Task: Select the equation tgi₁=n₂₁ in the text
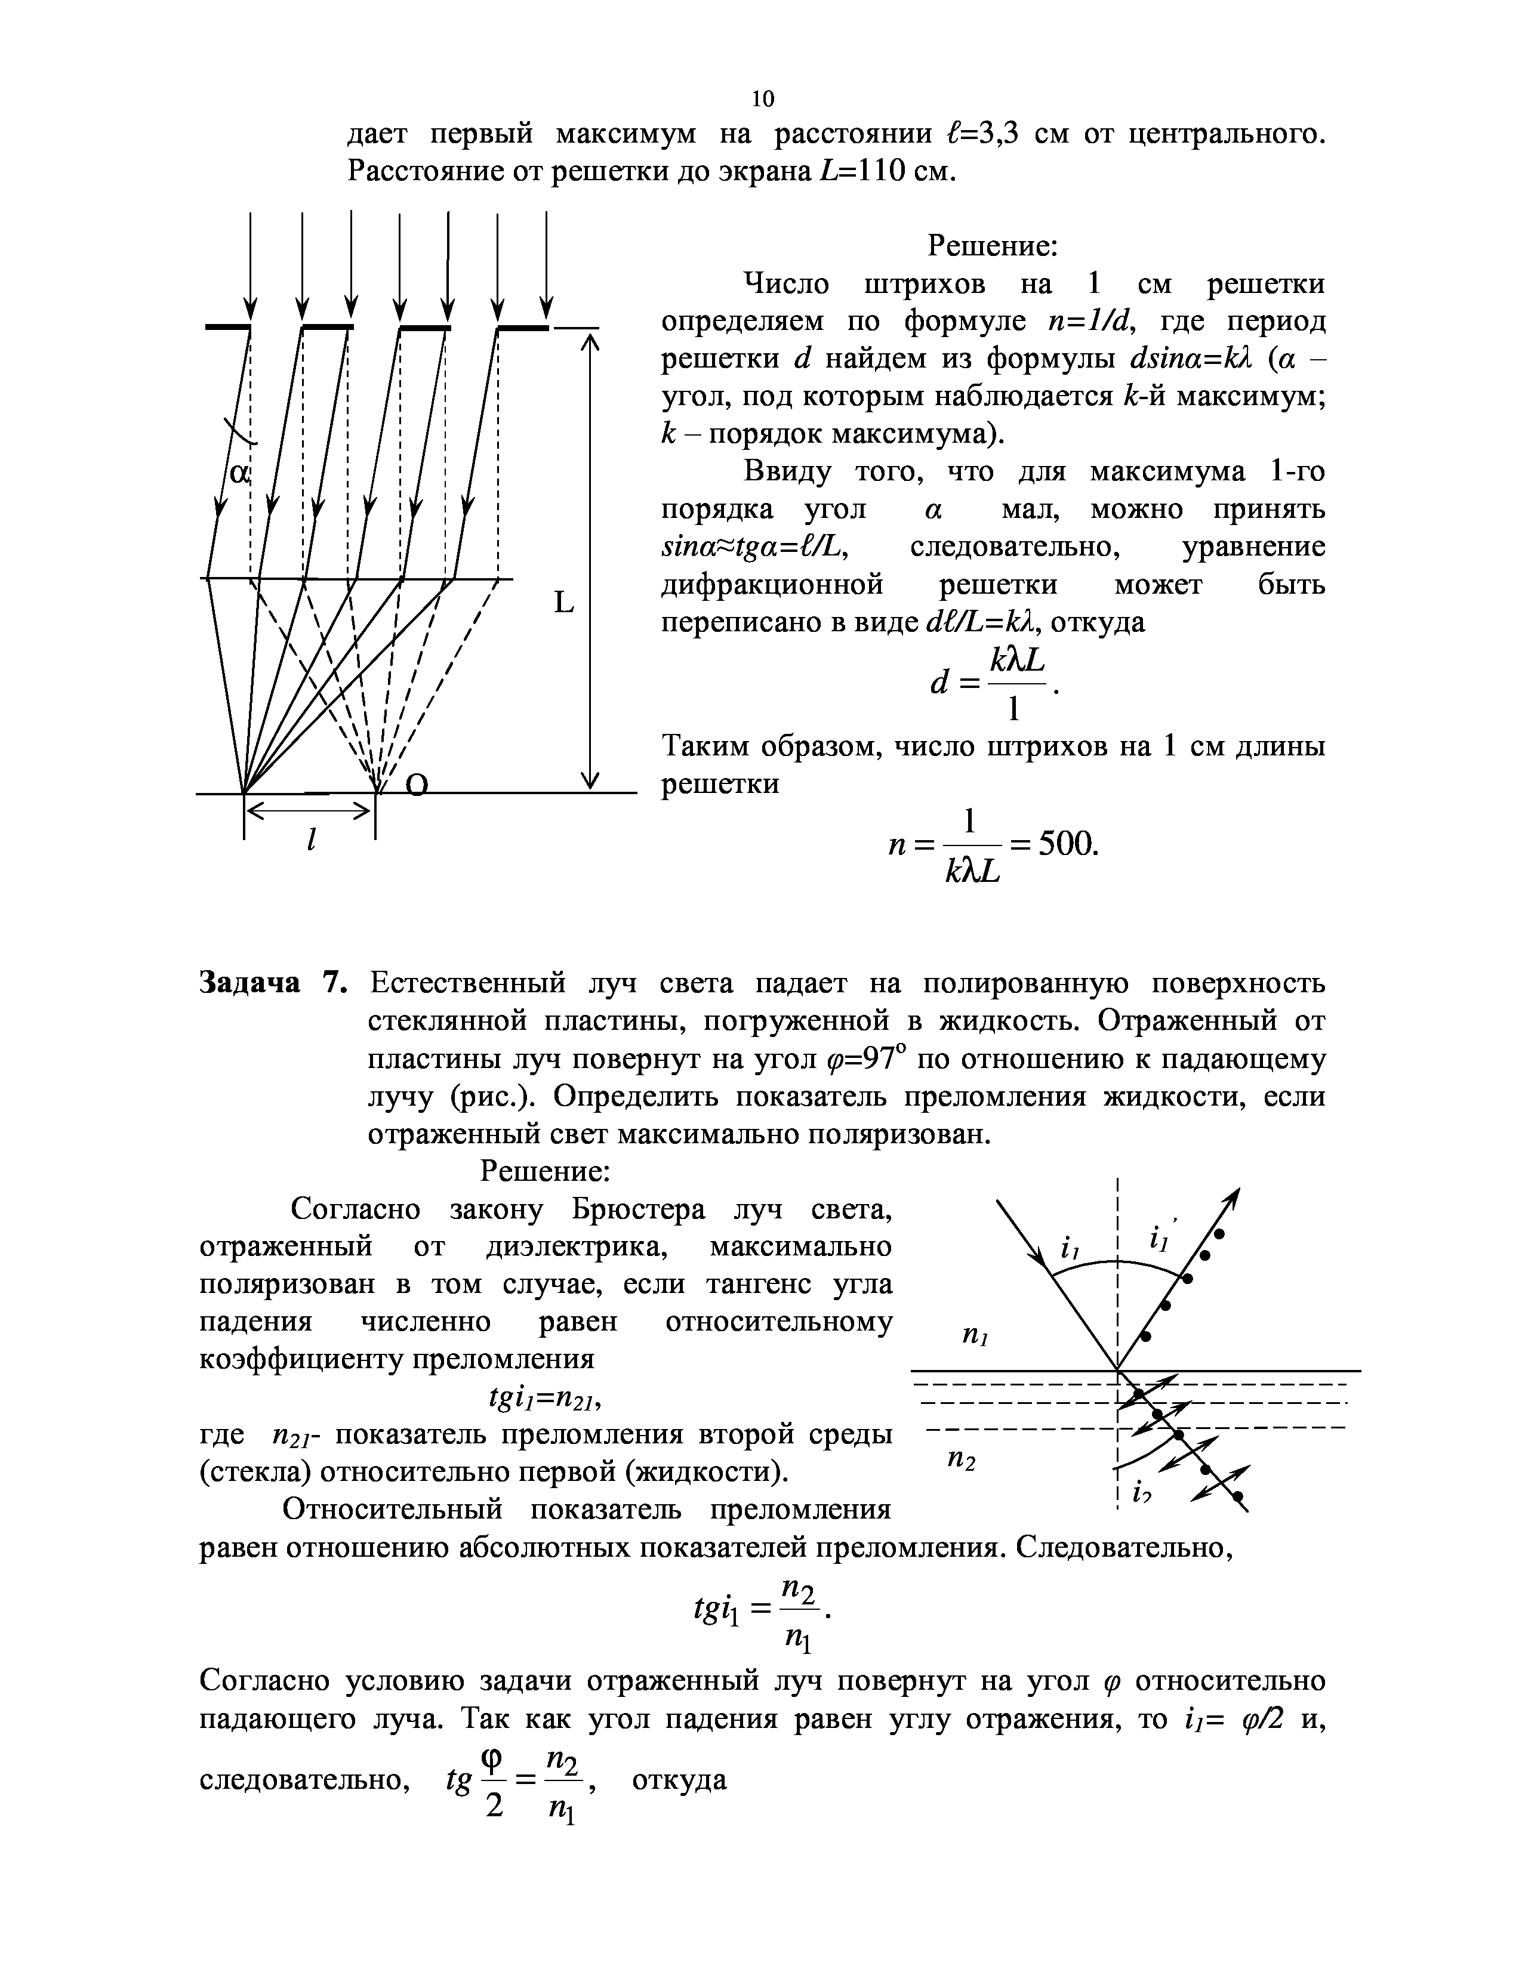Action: tap(544, 1399)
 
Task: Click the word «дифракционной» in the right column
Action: tap(772, 585)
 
